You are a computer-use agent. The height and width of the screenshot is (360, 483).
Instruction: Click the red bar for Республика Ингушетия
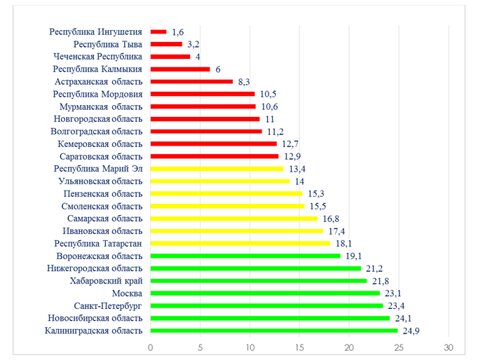tap(158, 32)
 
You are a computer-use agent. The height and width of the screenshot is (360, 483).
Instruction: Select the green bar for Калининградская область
tap(274, 331)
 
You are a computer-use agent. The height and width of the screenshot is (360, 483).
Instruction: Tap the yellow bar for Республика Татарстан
tap(240, 243)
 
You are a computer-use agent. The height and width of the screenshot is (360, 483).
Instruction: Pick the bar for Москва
tap(265, 293)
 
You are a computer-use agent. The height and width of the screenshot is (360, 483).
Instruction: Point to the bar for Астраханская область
tap(191, 81)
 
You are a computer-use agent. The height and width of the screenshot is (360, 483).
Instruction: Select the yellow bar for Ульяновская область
tap(220, 181)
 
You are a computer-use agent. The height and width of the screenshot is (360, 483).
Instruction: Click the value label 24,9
tap(409, 331)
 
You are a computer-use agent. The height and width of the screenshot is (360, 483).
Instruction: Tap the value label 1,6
tap(179, 32)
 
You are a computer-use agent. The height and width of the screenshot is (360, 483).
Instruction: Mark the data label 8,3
tap(245, 81)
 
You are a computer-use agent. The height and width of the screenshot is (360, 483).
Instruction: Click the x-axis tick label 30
tap(449, 347)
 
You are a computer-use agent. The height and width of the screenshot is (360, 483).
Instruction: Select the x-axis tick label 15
tap(299, 347)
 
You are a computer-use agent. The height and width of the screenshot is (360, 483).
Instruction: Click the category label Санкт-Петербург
tap(109, 306)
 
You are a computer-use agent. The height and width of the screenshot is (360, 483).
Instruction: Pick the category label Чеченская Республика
tap(98, 56)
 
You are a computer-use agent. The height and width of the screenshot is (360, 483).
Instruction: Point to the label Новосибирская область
tap(95, 318)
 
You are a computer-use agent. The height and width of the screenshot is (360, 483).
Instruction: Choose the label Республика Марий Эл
tap(98, 168)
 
